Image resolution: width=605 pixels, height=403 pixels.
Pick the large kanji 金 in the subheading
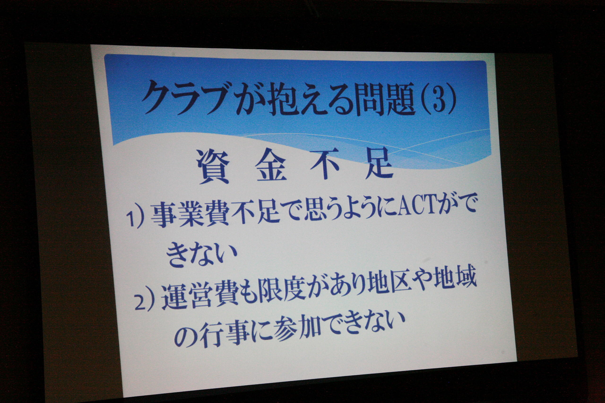272,166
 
